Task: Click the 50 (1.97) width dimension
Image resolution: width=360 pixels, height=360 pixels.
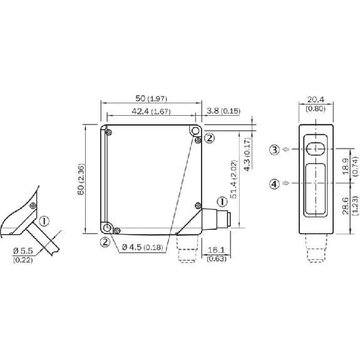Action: coord(151,98)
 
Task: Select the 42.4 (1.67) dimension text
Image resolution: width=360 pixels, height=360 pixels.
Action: coord(151,111)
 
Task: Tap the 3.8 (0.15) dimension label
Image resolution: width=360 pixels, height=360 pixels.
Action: coord(224,111)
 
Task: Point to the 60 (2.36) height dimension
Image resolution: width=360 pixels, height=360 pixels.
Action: coord(81,179)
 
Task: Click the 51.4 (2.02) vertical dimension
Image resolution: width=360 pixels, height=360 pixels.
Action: coord(234,179)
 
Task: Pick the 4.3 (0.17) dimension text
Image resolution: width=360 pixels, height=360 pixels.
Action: coord(247,154)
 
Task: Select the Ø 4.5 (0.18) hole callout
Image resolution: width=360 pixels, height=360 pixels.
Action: coord(143,247)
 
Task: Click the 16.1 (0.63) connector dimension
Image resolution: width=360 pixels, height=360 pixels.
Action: coord(216,254)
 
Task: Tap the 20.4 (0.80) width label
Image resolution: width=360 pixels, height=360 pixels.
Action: coord(316,104)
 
